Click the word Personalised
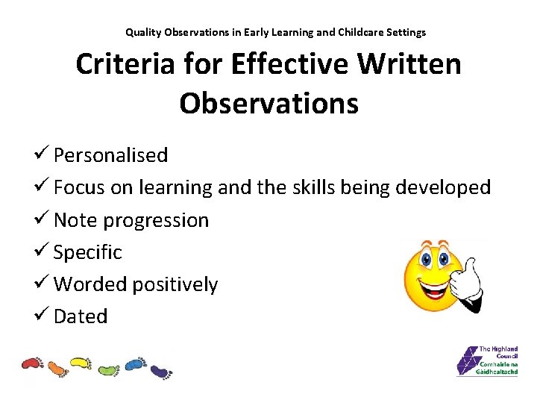point(110,155)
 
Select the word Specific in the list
point(87,252)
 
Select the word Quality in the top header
point(142,32)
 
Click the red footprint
point(33,363)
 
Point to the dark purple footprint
point(160,369)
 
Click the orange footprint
point(57,369)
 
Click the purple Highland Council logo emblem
point(468,361)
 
